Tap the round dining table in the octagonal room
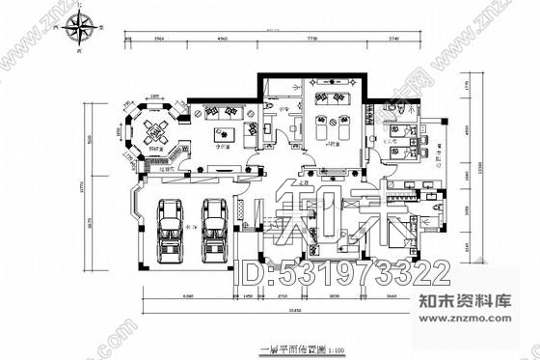[x=150, y=127]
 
